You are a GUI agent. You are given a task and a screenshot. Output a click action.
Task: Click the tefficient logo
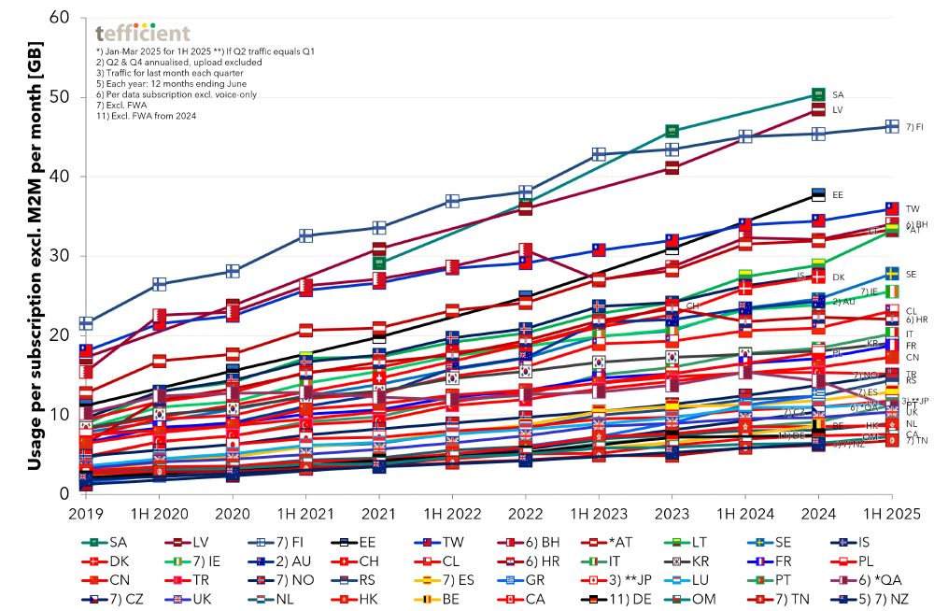click(x=142, y=34)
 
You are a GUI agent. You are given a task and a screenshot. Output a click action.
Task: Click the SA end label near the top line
click(x=838, y=95)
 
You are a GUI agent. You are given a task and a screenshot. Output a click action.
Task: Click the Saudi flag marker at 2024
click(x=818, y=94)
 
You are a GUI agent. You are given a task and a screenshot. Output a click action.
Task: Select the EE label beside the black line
click(x=838, y=194)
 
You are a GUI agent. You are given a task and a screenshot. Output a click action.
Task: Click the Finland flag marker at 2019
click(x=85, y=323)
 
